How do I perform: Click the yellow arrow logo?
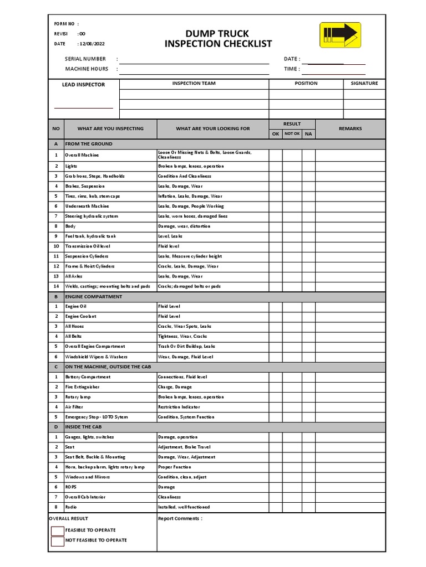coord(340,34)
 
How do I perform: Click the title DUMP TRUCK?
coord(218,33)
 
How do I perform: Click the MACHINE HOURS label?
coord(87,69)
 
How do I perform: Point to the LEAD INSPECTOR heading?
coord(83,85)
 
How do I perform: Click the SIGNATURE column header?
coord(364,83)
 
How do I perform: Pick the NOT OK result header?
coord(292,133)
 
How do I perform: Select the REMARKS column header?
coord(350,128)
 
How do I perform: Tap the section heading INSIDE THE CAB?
coord(83,427)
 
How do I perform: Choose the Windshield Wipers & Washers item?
coord(95,357)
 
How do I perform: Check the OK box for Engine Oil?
coord(275,306)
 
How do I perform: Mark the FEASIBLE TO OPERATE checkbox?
coord(57,530)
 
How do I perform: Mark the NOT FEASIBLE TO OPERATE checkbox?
coord(57,541)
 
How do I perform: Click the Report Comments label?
coord(180,519)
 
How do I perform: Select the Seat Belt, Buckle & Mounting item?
coord(95,457)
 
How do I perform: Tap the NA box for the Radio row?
coord(308,507)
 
